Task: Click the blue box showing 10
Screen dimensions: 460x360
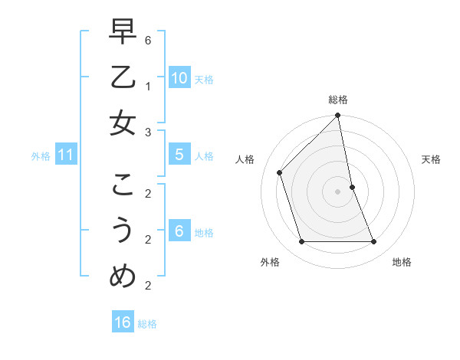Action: tap(179, 78)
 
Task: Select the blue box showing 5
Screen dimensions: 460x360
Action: tap(179, 155)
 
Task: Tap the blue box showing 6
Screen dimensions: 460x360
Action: tap(179, 231)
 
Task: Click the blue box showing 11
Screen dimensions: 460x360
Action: tap(65, 155)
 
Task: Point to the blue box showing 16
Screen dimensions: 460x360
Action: tap(123, 322)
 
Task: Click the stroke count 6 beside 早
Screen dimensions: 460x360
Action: tap(148, 39)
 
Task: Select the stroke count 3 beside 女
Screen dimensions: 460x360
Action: tap(148, 133)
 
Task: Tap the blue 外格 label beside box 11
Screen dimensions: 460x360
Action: tap(41, 156)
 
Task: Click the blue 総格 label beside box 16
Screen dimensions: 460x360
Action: tap(147, 324)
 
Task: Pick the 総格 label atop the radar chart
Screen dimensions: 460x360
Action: tap(338, 100)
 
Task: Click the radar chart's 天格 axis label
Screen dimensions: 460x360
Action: tap(431, 159)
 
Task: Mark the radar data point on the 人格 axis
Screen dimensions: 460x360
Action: tap(280, 172)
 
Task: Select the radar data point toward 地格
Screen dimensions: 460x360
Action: tap(374, 242)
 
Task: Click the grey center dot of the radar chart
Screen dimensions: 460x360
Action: tap(338, 191)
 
